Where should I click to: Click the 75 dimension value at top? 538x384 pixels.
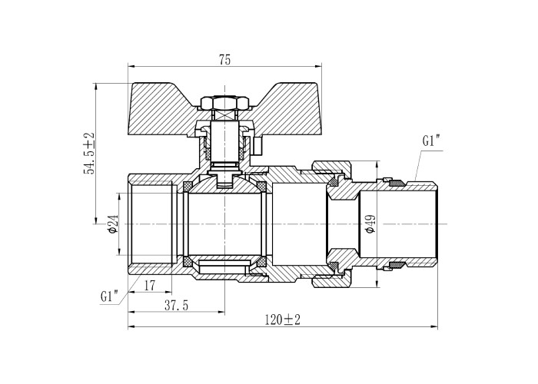225,60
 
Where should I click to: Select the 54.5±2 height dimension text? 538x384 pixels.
90,153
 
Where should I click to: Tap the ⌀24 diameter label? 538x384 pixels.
113,224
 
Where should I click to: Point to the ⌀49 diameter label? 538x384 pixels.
370,224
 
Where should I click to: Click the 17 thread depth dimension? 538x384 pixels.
150,285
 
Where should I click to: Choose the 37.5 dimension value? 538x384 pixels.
176,306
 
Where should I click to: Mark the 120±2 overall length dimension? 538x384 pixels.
282,320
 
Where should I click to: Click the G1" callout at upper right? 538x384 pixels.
431,141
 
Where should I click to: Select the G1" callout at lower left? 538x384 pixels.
109,296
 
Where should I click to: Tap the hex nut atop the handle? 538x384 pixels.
224,102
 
